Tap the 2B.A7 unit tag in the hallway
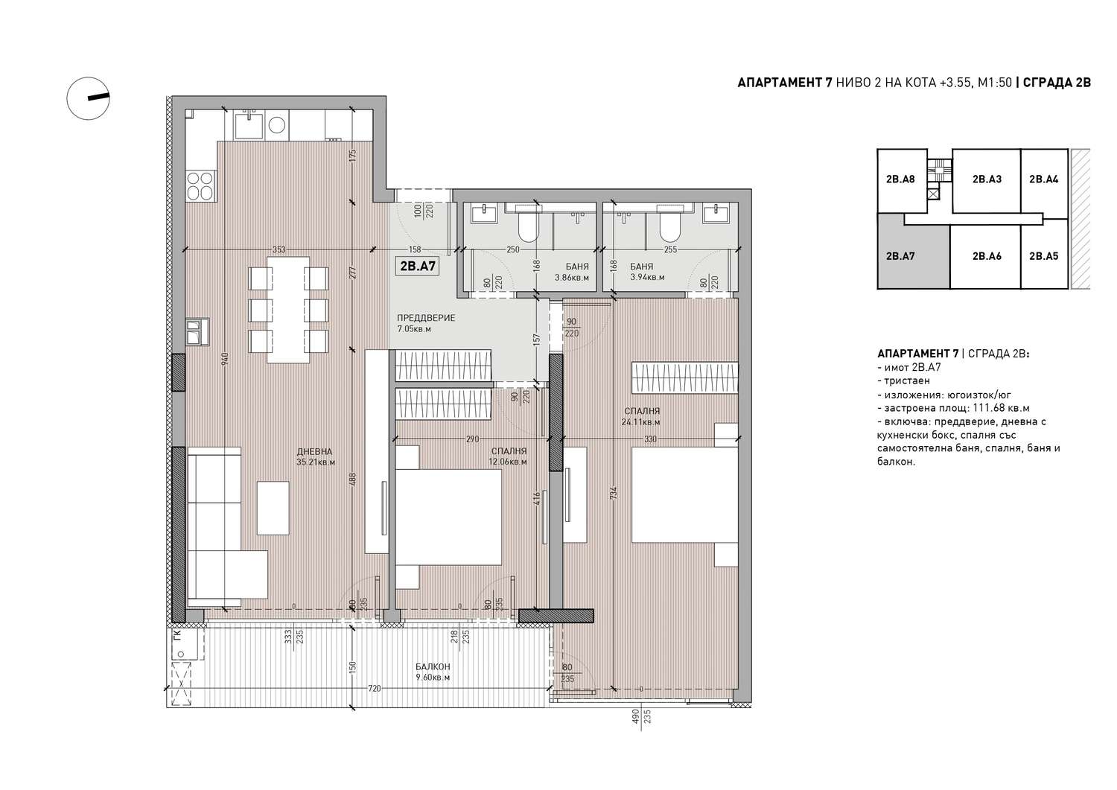[418, 267]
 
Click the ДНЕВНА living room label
[314, 452]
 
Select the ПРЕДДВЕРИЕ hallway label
[426, 318]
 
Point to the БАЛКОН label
[433, 666]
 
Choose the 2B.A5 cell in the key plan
[1044, 257]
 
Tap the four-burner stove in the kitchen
[200, 185]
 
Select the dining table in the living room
[287, 310]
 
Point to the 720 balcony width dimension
[374, 689]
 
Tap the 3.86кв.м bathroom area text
[572, 277]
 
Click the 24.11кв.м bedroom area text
[640, 422]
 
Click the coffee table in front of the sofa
[273, 509]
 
